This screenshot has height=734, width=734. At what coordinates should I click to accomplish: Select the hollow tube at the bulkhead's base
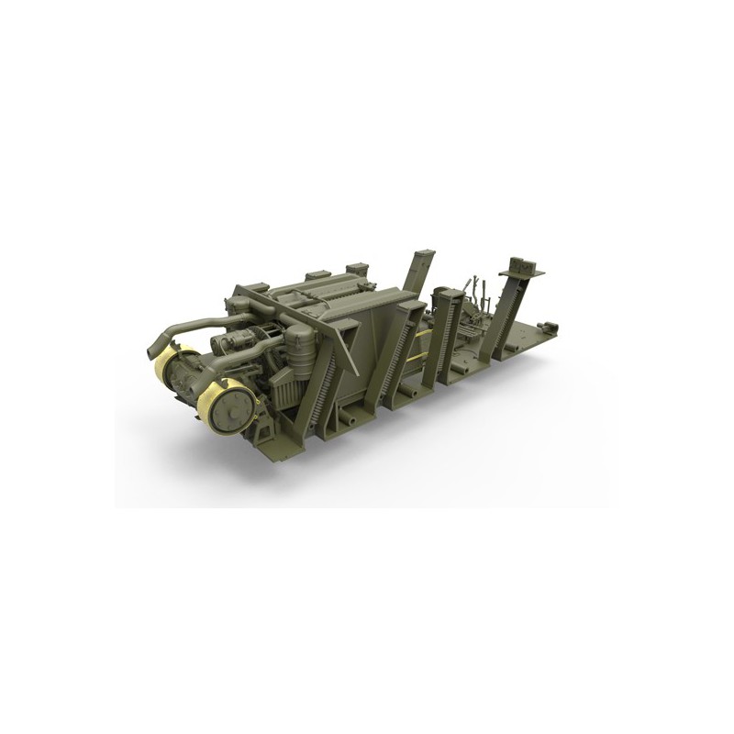(x=350, y=417)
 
